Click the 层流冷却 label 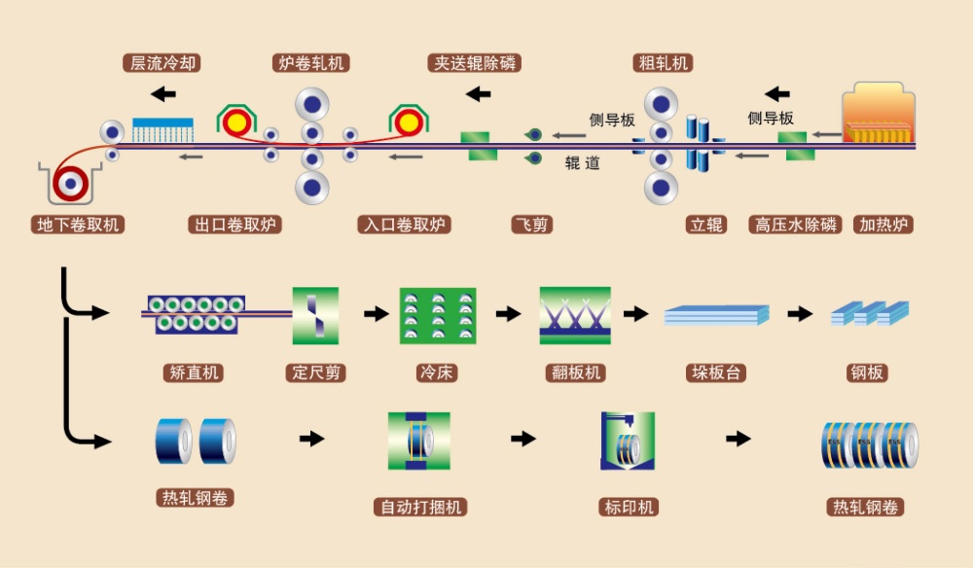tap(163, 63)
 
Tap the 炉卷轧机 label tap(310, 63)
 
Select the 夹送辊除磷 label tap(474, 63)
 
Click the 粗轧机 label tap(663, 63)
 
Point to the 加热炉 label tap(885, 225)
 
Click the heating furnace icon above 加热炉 tap(880, 118)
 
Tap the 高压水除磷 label tap(796, 225)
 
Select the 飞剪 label tap(531, 225)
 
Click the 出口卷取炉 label tap(235, 225)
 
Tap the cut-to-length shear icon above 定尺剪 tap(316, 314)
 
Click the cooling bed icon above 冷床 tap(437, 315)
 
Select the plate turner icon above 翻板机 tap(575, 315)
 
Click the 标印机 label tap(628, 507)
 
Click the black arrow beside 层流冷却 tap(163, 94)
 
